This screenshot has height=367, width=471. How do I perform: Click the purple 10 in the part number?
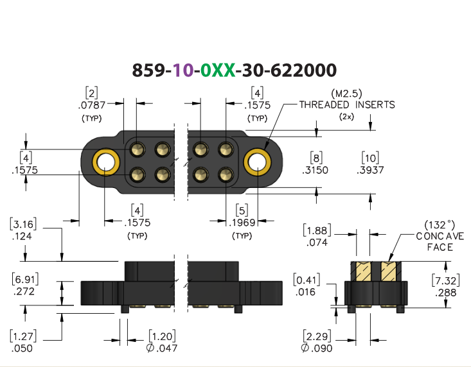(x=183, y=70)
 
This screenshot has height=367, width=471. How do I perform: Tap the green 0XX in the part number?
(x=218, y=70)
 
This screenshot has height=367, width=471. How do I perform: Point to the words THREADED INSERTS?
(x=347, y=105)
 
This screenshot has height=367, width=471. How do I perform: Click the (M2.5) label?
(x=346, y=94)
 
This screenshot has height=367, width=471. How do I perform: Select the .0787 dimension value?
(x=92, y=105)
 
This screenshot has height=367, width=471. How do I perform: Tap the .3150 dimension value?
(x=315, y=170)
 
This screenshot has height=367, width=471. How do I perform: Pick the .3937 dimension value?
(x=370, y=170)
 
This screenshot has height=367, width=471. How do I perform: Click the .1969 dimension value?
(x=242, y=223)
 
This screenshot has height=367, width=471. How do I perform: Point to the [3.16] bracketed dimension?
(x=23, y=225)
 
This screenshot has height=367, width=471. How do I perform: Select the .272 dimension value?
(x=24, y=291)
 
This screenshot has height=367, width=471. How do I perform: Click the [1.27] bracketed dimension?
(x=23, y=336)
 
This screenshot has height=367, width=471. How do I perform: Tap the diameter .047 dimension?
(x=162, y=348)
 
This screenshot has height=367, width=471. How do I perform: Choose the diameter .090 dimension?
(x=317, y=348)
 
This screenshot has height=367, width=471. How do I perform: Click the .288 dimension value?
(x=446, y=293)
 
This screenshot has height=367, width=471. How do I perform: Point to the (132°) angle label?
(x=440, y=225)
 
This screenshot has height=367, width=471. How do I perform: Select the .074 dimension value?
(x=317, y=243)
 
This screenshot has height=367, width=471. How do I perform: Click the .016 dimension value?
(x=305, y=292)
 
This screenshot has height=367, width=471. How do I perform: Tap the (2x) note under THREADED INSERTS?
(x=346, y=117)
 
